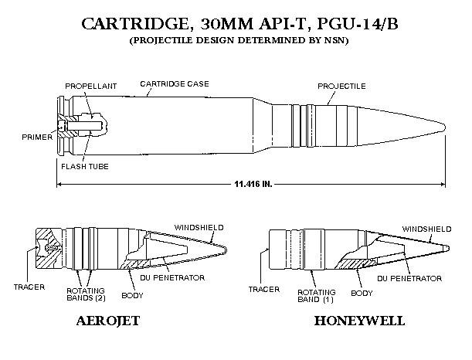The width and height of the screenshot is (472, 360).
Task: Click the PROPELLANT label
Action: point(90,86)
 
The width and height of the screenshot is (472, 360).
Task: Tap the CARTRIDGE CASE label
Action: point(175,83)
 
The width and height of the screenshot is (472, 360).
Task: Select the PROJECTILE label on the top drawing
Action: point(341,86)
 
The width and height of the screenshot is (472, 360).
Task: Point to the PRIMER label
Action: point(37,138)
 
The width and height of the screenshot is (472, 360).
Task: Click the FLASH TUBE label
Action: point(85,166)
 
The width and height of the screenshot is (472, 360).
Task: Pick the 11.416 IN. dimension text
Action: point(253,184)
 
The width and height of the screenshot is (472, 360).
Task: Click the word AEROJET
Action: point(108,321)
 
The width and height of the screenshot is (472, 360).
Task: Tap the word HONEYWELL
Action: point(359,321)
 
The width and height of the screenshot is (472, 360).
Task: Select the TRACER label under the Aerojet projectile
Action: point(29,287)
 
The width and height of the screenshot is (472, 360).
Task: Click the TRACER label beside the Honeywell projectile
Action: point(264,289)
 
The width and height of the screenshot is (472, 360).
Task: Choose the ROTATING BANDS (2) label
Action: point(86,294)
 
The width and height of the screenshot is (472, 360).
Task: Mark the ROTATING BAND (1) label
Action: point(317,296)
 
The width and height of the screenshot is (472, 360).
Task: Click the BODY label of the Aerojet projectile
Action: point(132,296)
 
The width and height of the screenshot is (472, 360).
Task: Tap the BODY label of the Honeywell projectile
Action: point(362,293)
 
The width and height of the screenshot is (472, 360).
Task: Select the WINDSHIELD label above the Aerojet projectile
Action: point(199,228)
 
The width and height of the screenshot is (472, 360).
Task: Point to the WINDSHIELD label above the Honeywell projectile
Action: point(427,229)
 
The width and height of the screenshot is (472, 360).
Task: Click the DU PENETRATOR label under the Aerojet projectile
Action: point(172,277)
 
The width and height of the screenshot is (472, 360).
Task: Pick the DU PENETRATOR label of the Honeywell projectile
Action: point(409,278)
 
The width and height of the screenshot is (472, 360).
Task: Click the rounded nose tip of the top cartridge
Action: point(444,127)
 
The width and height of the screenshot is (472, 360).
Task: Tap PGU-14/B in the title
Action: point(358,24)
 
